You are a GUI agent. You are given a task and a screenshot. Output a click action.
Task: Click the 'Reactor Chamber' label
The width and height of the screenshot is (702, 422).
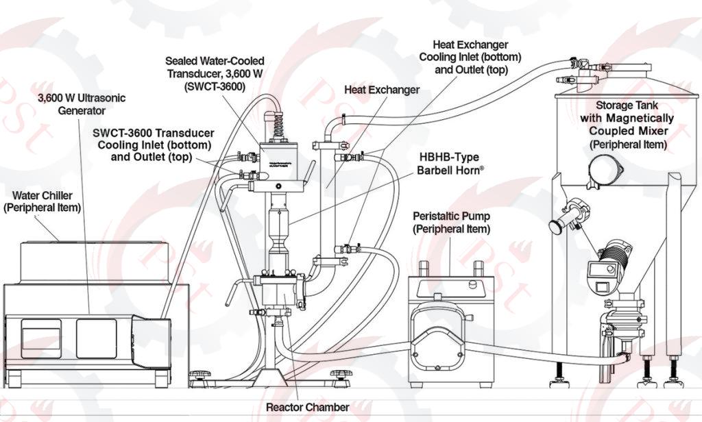click(x=307, y=407)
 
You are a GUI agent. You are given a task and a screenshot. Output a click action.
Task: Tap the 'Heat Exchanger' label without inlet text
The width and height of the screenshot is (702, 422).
click(x=382, y=90)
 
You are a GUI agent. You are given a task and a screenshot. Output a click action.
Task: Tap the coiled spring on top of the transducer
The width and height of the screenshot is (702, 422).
click(x=278, y=127)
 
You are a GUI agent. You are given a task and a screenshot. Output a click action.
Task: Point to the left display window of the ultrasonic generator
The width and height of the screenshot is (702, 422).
click(x=40, y=338)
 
